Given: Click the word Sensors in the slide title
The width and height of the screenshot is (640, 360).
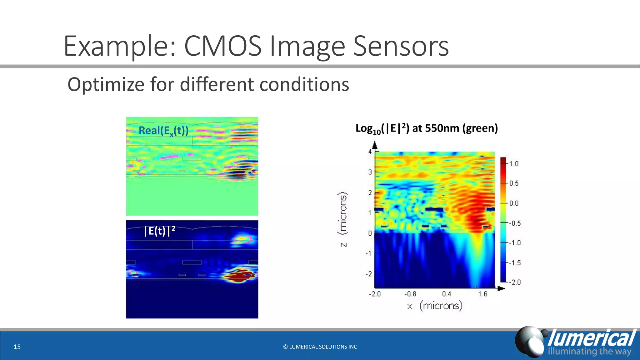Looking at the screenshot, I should tap(401, 46).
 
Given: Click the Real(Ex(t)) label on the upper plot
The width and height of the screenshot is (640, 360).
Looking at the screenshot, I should tap(163, 131).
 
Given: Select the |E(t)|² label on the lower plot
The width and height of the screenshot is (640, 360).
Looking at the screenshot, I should tap(159, 231).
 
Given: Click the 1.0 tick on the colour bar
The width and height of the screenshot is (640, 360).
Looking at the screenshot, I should tap(514, 164).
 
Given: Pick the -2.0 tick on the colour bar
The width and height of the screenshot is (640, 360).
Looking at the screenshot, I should tap(515, 282).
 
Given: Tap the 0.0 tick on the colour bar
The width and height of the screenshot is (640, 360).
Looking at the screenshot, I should tap(514, 203).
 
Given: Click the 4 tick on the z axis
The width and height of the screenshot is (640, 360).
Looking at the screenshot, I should tap(370, 152).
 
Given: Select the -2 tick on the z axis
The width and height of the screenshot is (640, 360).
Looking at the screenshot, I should tap(369, 274).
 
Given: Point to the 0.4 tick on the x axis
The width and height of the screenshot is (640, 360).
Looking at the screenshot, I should tap(447, 294).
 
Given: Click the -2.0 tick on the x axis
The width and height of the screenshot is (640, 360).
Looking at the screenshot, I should tap(375, 294).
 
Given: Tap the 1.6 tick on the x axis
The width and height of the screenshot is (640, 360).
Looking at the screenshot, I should tap(483, 294).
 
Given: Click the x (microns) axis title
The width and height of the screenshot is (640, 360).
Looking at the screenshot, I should tap(435, 306).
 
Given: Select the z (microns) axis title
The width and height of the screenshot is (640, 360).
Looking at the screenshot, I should tap(343, 219).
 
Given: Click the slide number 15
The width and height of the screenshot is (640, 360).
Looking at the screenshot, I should tap(17, 347).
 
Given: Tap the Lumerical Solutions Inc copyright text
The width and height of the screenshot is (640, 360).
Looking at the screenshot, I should tap(320, 347).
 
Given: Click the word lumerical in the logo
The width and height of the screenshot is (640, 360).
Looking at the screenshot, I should tap(591, 338).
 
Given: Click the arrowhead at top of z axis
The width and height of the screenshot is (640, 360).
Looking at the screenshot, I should tap(375, 145).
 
